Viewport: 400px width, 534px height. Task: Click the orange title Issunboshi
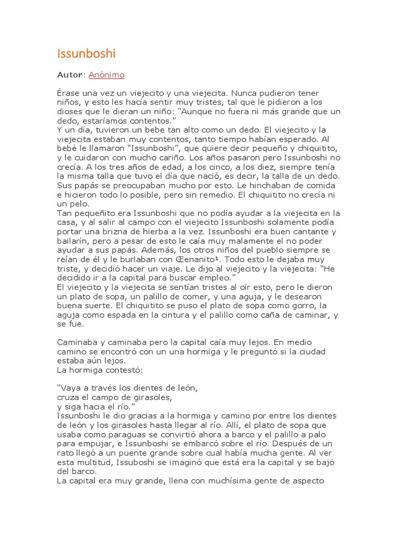tap(86, 54)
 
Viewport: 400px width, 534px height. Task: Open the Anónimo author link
tap(106, 75)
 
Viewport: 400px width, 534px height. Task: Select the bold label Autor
tap(70, 75)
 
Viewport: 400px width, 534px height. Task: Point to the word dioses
tap(69, 111)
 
